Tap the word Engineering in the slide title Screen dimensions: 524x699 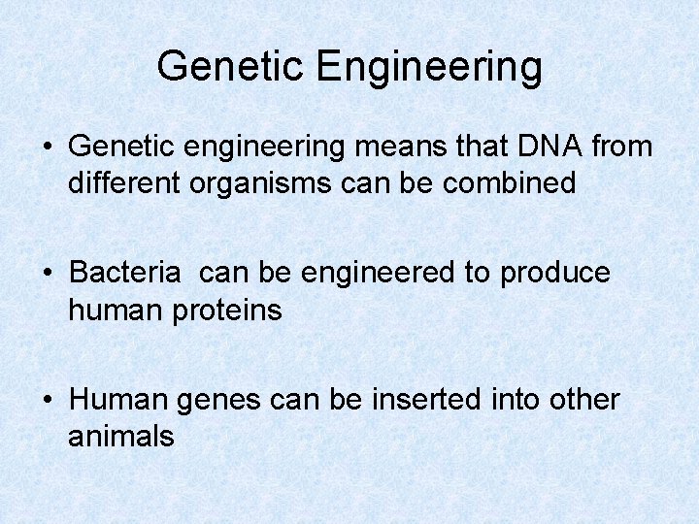429,67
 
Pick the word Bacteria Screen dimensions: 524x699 125,273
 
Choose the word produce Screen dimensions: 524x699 555,274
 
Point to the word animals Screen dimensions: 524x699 121,437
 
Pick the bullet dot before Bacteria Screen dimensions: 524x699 49,274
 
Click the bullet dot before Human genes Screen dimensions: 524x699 49,400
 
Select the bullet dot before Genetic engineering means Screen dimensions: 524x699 49,147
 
